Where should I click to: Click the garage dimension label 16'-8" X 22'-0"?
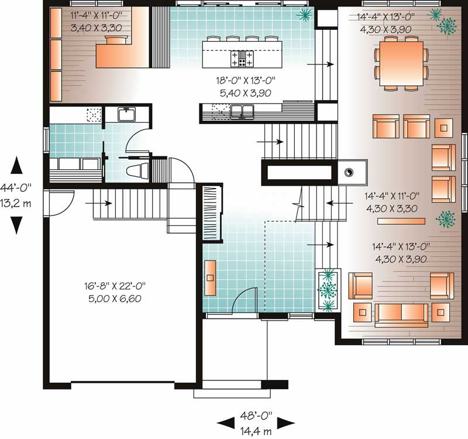[115, 286]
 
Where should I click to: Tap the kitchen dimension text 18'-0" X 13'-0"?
[246, 80]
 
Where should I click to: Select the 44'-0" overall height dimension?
[16, 188]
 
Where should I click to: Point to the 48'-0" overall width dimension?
[256, 415]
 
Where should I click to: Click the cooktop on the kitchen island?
[242, 58]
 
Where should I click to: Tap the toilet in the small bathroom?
[137, 171]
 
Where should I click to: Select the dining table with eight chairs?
[401, 64]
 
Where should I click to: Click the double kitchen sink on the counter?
[242, 112]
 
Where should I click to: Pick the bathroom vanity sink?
[126, 114]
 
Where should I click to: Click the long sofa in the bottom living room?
[401, 315]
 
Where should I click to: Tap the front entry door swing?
[245, 300]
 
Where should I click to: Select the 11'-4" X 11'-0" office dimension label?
[96, 15]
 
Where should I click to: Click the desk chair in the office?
[116, 40]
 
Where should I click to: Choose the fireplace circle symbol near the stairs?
[348, 172]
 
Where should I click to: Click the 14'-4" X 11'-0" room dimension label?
[392, 196]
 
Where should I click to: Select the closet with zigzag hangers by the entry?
[212, 213]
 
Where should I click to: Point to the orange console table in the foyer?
[210, 277]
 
